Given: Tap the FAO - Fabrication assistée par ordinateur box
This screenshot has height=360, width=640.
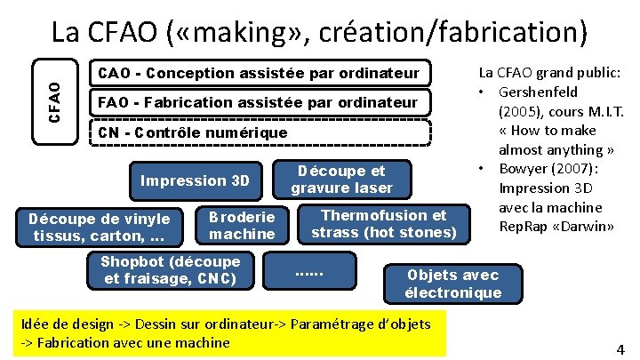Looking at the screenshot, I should click(260, 103).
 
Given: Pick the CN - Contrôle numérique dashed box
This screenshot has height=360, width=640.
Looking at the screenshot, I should click(260, 133).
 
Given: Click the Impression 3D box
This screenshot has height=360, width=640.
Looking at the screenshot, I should click(196, 180).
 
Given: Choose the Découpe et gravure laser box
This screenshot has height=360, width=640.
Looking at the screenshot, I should click(341, 179).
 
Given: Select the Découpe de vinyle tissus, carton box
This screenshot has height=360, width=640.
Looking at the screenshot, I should click(100, 227).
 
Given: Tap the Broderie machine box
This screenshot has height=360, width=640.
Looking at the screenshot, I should click(242, 226).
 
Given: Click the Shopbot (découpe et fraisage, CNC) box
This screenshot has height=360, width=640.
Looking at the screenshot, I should click(170, 270).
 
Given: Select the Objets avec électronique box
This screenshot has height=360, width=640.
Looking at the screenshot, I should click(453, 284).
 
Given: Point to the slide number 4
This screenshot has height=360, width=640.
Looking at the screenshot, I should click(620, 349).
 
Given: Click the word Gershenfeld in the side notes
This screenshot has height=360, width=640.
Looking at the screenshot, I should click(539, 92).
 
